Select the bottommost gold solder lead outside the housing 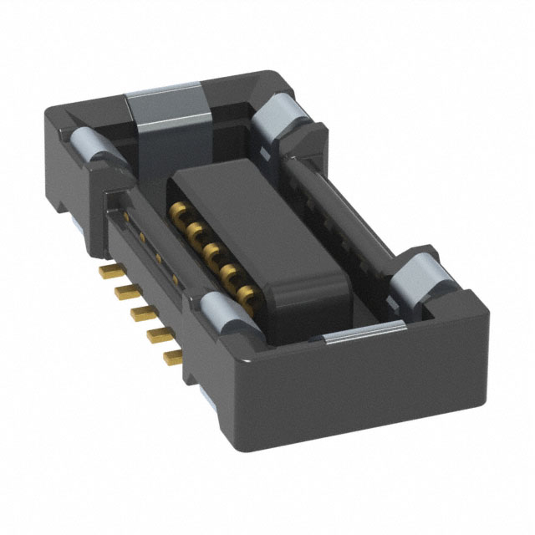[x=173, y=358]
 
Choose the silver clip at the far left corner [x=92, y=146]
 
